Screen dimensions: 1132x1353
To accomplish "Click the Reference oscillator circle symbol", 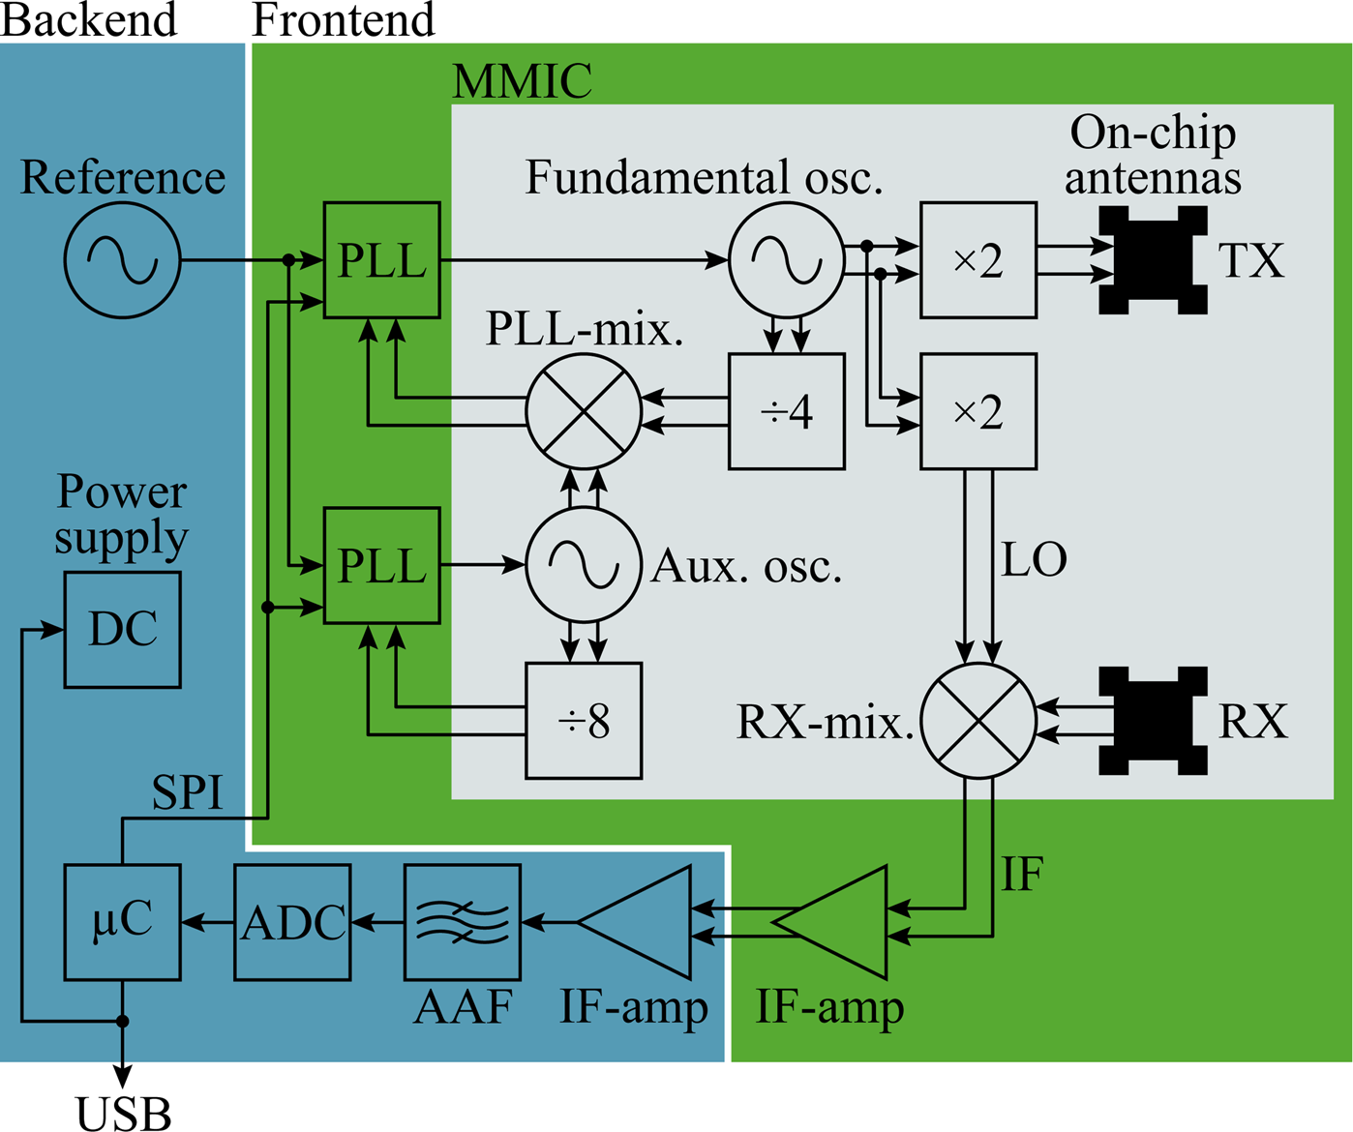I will coord(123,260).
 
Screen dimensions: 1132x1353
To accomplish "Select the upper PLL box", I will coord(381,260).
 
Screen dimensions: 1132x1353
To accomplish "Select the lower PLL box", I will coord(381,565).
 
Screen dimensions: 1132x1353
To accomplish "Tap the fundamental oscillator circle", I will coord(786,260).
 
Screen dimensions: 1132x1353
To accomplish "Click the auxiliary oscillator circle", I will coord(584,565).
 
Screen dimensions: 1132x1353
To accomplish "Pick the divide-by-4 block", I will coord(786,412).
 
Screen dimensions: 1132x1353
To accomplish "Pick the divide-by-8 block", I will coord(584,721).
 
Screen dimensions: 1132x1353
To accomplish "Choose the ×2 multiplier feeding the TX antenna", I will coord(978,260).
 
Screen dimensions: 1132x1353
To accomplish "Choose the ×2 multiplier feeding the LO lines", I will coord(978,412).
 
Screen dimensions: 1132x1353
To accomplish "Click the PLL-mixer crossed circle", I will coord(584,412).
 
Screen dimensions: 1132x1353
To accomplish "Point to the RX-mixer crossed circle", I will coord(978,721).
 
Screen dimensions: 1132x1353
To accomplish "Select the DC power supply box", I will coord(123,630).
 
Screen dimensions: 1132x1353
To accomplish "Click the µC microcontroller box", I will coord(123,922).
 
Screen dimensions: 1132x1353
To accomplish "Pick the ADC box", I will coord(293,922).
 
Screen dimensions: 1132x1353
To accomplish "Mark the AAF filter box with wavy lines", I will coord(463,922).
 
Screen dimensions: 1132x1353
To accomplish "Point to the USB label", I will coord(124,1113).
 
